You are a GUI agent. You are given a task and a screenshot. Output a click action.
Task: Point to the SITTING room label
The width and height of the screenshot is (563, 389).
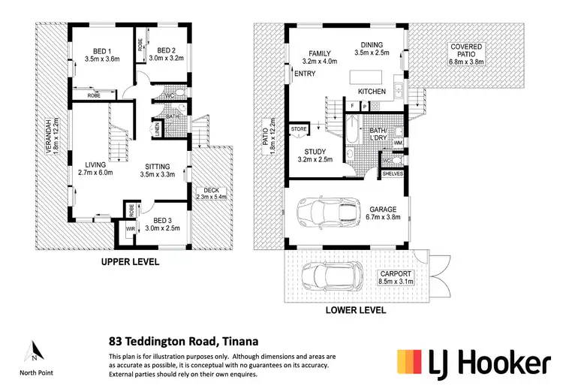pyautogui.click(x=156, y=167)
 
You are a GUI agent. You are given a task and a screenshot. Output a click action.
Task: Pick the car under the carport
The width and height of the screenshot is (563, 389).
pyautogui.click(x=328, y=277)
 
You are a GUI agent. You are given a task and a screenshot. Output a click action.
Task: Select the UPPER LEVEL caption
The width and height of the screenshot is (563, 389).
pyautogui.click(x=131, y=263)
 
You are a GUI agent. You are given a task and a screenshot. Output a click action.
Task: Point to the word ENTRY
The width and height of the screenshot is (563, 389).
pyautogui.click(x=306, y=74)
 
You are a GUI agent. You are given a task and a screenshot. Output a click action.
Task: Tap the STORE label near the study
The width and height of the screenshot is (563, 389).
pyautogui.click(x=299, y=130)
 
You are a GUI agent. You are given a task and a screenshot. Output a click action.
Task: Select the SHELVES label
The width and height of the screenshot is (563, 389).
pyautogui.click(x=392, y=173)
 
